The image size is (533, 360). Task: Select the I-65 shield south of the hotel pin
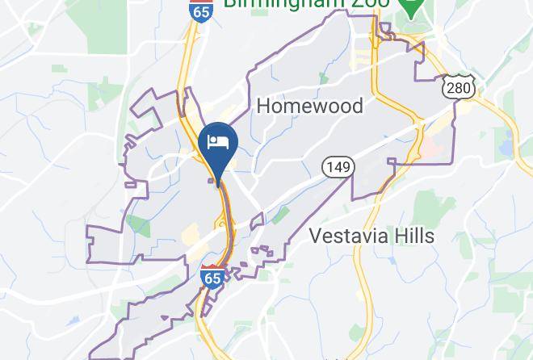(212, 277)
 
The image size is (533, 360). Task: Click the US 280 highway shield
(458, 86)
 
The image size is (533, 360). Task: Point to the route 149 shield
(338, 167)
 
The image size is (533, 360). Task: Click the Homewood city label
(309, 106)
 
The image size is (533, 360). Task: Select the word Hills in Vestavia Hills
(411, 237)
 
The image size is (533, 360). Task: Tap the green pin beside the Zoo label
(412, 6)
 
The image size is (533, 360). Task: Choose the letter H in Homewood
(262, 106)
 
